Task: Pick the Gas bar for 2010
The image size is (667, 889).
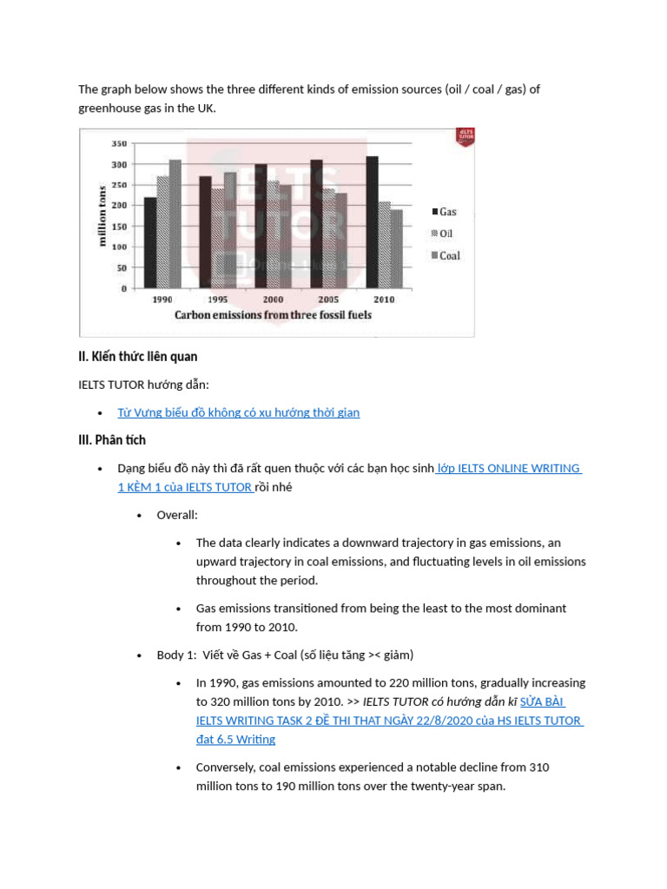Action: tap(372, 222)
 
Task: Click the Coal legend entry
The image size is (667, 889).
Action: tap(446, 255)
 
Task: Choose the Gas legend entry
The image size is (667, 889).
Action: tap(444, 212)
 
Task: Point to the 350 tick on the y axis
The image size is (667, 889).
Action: tap(119, 143)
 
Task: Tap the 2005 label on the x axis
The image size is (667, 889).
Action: tap(328, 300)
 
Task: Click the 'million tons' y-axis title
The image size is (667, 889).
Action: tap(102, 216)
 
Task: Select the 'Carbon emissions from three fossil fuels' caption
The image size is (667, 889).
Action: tap(273, 315)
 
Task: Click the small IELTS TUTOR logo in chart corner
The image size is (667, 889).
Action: tap(465, 137)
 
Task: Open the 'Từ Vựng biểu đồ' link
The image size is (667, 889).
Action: tap(238, 412)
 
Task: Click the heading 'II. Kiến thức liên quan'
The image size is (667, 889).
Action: tap(138, 357)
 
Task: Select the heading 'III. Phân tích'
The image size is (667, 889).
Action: tap(112, 440)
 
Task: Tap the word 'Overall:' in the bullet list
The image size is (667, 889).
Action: tap(177, 515)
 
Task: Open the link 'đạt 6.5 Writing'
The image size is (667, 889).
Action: tap(235, 739)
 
